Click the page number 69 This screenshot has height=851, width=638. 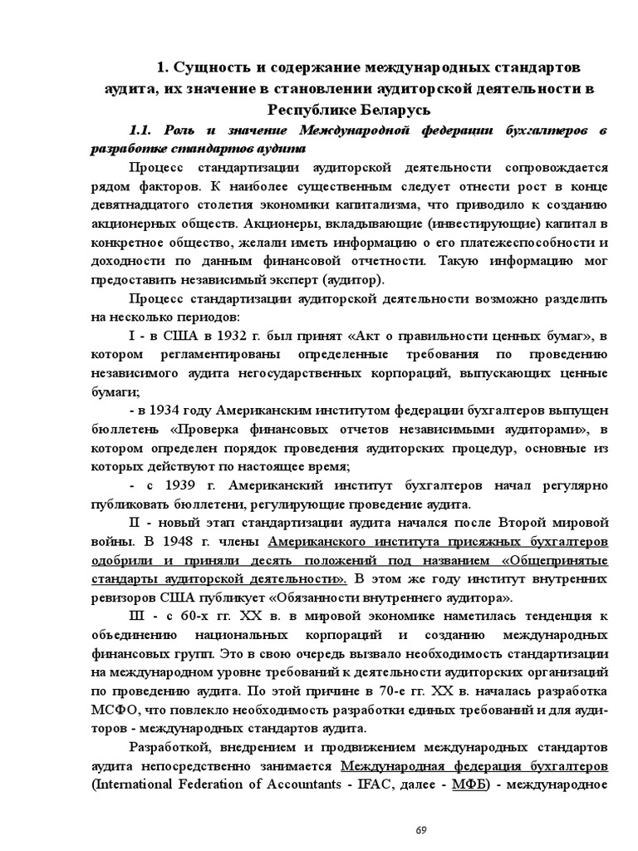(x=420, y=830)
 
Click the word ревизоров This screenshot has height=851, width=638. (x=122, y=598)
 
